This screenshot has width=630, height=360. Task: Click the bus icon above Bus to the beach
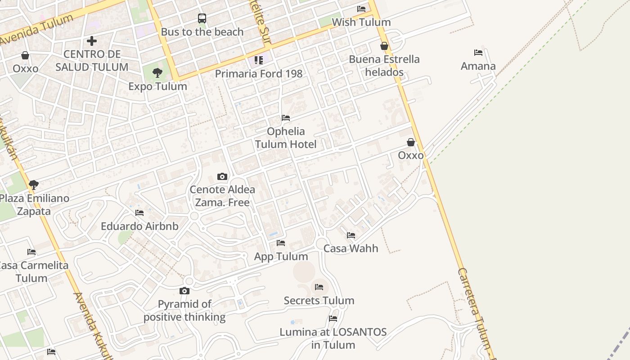[202, 18]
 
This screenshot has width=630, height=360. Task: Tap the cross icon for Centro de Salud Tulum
[92, 41]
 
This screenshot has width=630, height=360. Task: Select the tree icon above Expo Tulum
[157, 73]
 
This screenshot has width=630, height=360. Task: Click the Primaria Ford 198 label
[259, 73]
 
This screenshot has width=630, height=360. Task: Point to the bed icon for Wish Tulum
[361, 9]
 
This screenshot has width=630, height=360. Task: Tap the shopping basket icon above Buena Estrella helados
[384, 46]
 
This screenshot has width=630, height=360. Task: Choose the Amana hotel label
[478, 66]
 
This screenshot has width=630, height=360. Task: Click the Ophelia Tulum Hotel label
[286, 138]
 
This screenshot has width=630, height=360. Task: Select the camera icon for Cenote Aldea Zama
[222, 176]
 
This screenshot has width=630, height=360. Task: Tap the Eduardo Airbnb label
[139, 226]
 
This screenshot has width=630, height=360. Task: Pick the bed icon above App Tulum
[281, 243]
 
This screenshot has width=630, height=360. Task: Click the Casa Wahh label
[351, 248]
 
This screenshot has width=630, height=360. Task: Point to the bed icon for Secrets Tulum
[319, 287]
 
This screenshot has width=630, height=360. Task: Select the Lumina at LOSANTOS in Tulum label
[333, 338]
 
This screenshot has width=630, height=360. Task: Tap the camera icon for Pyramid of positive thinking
[184, 291]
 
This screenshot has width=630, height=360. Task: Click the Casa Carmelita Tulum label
[32, 272]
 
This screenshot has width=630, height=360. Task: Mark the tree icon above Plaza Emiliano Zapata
[33, 184]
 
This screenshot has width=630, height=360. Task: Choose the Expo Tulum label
[157, 86]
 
